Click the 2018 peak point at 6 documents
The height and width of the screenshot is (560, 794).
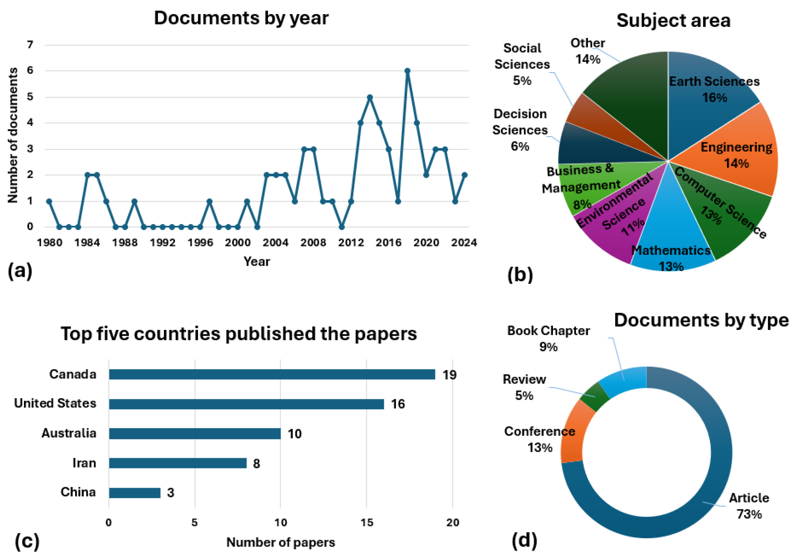tap(407, 71)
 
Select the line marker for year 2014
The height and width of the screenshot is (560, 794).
tap(370, 97)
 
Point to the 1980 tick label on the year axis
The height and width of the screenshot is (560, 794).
tap(50, 242)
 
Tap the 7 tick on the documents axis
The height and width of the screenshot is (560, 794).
tap(30, 45)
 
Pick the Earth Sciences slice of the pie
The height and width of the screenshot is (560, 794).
tap(705, 114)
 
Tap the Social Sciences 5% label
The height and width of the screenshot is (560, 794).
tap(522, 64)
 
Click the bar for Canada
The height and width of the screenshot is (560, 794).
tap(272, 374)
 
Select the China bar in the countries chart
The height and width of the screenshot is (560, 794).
tap(135, 493)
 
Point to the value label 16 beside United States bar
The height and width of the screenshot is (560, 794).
tap(398, 404)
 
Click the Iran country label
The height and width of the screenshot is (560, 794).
tap(84, 463)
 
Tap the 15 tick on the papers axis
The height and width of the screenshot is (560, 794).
tap(367, 522)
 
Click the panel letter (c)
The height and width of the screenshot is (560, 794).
tap(27, 541)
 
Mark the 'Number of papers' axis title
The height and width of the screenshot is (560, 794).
tap(280, 542)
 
